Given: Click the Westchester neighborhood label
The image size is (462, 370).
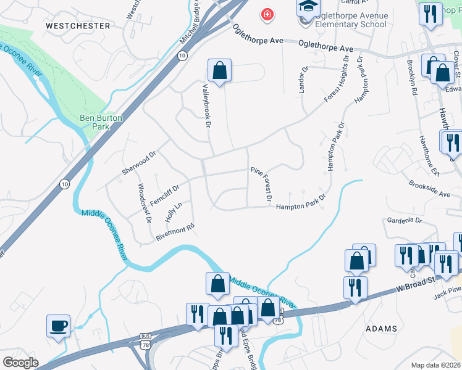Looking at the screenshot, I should click(78, 26).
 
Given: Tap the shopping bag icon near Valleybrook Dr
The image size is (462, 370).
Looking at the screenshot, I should click(219, 71).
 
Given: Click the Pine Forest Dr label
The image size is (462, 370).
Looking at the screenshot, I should click(261, 184).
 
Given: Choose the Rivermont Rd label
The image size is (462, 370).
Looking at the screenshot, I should click(175, 230).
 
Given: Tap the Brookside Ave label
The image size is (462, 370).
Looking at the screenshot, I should click(429, 189).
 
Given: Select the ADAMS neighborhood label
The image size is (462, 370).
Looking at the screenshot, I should click(381, 329).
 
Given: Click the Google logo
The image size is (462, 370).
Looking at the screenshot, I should click(20, 362).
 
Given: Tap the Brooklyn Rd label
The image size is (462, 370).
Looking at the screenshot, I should click(412, 77).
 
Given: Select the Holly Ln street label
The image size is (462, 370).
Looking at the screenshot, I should click(174, 212).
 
